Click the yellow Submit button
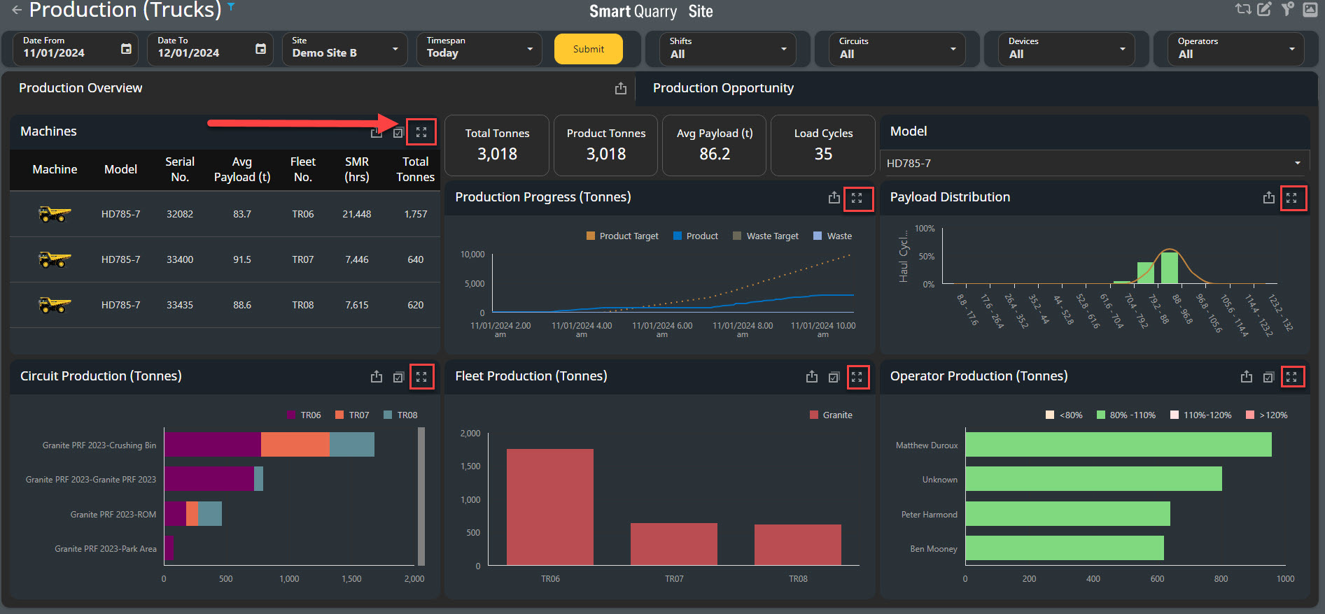[588, 49]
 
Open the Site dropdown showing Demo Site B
[344, 49]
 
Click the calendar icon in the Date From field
[126, 49]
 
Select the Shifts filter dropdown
[727, 49]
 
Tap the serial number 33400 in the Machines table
[180, 259]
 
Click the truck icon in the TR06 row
[55, 214]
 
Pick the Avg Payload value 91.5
[242, 259]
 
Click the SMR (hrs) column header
[357, 169]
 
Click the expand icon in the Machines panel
[421, 132]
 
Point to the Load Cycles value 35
[823, 154]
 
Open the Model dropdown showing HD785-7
[1094, 163]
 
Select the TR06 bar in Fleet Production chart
[550, 507]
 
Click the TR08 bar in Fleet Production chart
[798, 545]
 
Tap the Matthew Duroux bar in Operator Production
[1119, 445]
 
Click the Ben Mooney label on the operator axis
[934, 549]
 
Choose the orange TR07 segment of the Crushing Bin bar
[295, 445]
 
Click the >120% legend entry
[1267, 415]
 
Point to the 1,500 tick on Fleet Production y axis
[470, 466]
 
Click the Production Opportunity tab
[723, 88]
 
